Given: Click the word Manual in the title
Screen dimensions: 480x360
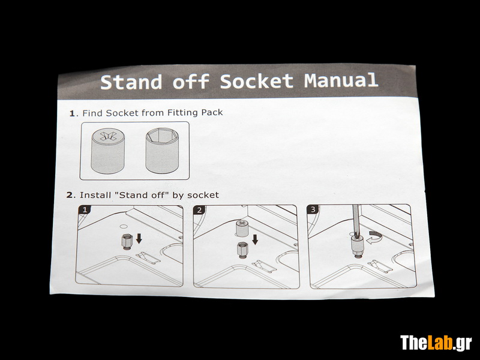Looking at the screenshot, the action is click(x=341, y=80).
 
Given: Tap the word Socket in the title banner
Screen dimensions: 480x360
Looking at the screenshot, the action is click(x=257, y=81).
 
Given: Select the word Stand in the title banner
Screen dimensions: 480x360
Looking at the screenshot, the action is click(x=131, y=82).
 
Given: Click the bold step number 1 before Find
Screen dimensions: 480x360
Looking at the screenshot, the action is click(x=72, y=113).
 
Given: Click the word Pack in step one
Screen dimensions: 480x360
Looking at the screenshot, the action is click(x=212, y=112).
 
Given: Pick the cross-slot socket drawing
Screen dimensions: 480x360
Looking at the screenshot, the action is click(x=108, y=151).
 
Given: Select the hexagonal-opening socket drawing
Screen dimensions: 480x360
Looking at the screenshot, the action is click(x=162, y=150).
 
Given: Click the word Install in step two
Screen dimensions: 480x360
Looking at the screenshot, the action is click(x=95, y=195).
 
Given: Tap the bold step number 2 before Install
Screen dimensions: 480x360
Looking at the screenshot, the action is click(x=71, y=195).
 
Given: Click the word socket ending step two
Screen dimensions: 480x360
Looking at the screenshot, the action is click(x=203, y=195).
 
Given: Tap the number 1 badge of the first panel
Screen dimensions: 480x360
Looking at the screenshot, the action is click(x=85, y=209).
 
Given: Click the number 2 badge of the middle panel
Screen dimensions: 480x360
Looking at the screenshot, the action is click(x=200, y=209).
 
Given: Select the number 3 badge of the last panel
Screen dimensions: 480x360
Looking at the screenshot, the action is click(x=313, y=209).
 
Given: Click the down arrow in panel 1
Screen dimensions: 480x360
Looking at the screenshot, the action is click(x=139, y=238).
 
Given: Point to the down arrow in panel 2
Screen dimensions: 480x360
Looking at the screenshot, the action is click(x=254, y=239).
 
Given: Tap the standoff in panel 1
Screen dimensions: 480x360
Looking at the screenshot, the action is click(x=127, y=242).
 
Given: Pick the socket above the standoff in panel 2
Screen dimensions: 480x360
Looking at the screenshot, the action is click(x=242, y=228).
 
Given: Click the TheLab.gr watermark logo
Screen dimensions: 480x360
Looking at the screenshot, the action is click(x=436, y=343).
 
